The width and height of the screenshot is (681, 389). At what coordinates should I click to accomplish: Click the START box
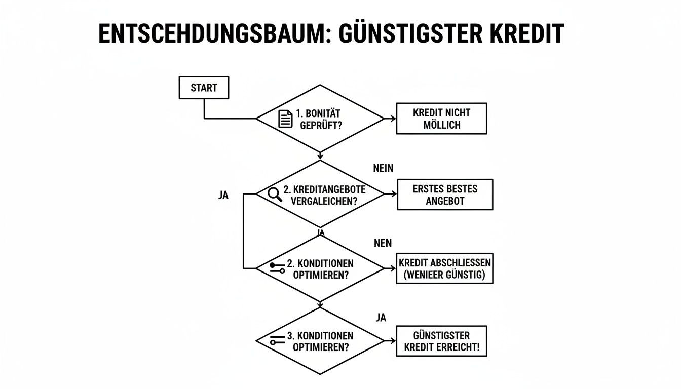pyautogui.click(x=204, y=88)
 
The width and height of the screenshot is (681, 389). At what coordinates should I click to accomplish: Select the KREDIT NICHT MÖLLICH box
pyautogui.click(x=441, y=119)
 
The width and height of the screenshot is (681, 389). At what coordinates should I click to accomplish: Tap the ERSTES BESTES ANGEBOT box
pyautogui.click(x=444, y=194)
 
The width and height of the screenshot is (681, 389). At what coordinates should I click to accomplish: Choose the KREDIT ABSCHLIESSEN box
pyautogui.click(x=444, y=269)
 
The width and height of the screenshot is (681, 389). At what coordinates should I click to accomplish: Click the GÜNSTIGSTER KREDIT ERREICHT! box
pyautogui.click(x=441, y=342)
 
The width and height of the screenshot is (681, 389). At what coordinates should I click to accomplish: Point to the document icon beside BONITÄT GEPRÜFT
pyautogui.click(x=286, y=119)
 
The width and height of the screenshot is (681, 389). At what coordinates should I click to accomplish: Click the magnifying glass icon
pyautogui.click(x=274, y=194)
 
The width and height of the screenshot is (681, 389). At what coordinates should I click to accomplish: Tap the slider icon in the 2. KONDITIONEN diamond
pyautogui.click(x=277, y=268)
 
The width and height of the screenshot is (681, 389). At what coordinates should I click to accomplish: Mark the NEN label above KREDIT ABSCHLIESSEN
pyautogui.click(x=383, y=243)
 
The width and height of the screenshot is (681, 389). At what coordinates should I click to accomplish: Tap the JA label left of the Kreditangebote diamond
pyautogui.click(x=223, y=196)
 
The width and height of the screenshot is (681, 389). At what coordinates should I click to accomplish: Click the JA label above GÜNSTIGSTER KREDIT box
pyautogui.click(x=381, y=318)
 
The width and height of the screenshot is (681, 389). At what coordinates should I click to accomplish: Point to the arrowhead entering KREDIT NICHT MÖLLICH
pyautogui.click(x=393, y=119)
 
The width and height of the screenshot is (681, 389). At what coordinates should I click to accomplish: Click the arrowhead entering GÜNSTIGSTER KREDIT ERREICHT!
pyautogui.click(x=393, y=341)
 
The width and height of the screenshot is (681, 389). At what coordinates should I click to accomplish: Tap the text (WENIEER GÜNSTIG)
pyautogui.click(x=444, y=275)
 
